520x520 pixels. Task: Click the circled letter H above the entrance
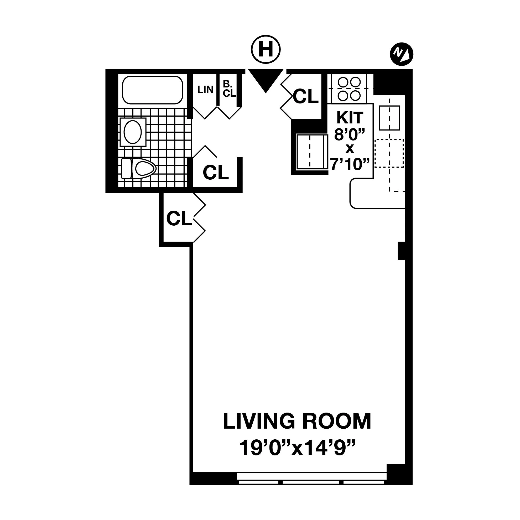(x=266, y=50)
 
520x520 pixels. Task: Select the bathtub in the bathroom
(x=153, y=90)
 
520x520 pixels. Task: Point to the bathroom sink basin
(x=133, y=132)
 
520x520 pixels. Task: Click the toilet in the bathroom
(x=139, y=169)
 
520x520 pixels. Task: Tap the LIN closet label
(x=205, y=90)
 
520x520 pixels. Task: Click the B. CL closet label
(x=229, y=89)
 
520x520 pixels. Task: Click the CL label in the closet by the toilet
(x=216, y=172)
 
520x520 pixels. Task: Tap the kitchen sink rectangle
(x=389, y=118)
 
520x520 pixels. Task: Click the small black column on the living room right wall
(x=401, y=250)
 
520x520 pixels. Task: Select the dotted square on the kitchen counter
(x=389, y=153)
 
